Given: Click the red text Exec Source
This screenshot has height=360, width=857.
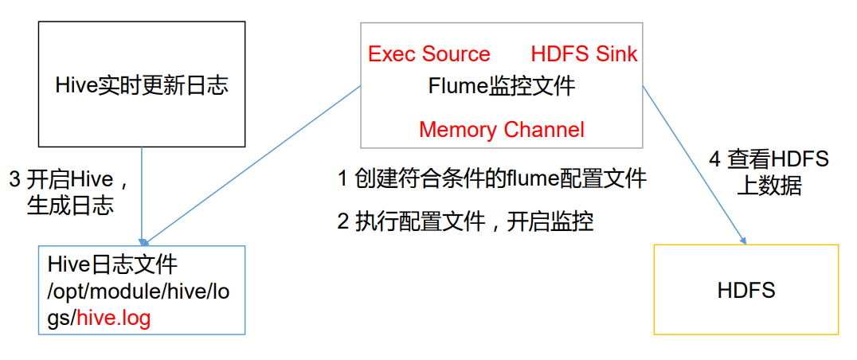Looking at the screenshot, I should click(428, 54).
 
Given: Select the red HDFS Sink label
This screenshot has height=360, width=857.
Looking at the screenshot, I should click(584, 54).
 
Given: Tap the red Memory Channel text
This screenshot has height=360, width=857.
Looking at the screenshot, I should click(501, 129).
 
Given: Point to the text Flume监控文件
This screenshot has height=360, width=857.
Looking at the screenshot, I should click(501, 86).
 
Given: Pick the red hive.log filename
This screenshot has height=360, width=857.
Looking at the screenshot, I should click(113, 318).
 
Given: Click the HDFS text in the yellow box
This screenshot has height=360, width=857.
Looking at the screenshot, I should click(746, 290).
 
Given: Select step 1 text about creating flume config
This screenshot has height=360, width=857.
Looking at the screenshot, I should click(491, 178).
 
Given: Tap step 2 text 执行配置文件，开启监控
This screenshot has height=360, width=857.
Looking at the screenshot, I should click(465, 221).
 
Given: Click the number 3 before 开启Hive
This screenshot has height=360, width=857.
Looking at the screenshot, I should click(14, 179).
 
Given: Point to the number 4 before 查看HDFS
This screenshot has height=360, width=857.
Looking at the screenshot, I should click(715, 159).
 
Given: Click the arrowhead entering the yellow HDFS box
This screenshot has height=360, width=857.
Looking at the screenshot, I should click(744, 241).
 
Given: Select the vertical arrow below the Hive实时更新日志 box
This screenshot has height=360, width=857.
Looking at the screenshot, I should click(142, 195).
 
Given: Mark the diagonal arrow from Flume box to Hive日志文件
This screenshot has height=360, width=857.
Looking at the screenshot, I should click(255, 163).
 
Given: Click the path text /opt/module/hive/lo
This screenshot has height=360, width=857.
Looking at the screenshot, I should click(138, 292).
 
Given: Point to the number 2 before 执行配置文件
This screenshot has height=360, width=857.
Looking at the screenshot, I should click(342, 221).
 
